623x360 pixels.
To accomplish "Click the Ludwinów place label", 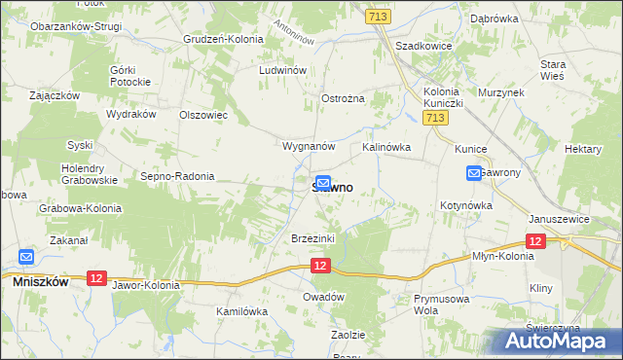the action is coord(283,71).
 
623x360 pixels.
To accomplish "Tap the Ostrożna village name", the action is coord(343,99).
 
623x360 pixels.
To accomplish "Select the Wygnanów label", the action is coord(308,146).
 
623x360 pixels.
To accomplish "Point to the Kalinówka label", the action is coord(386,147).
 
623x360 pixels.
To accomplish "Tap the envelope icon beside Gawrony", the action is coord(474,173).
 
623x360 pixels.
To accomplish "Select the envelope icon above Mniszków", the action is coord(26,258).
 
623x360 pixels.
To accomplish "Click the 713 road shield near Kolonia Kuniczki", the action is coord(436,118).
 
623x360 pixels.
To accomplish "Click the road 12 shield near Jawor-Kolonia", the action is coord(95,278).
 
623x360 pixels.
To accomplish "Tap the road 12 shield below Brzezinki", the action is coord(322,265).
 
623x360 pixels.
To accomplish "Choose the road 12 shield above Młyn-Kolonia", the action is coord(534,240).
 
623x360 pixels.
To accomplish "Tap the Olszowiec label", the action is coord(203,115).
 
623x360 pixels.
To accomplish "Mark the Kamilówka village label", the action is coord(241,311).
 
